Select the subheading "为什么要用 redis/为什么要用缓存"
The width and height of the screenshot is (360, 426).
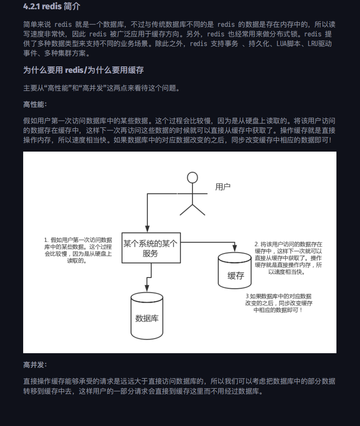tap(84, 70)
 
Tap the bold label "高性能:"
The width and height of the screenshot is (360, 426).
tap(35, 105)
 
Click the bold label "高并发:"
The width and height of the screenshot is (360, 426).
tap(35, 365)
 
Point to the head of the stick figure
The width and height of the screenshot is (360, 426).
tap(193, 177)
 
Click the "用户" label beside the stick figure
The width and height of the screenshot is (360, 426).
tap(223, 187)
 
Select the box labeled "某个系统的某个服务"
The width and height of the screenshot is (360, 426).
tap(151, 248)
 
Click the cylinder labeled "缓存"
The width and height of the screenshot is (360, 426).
tap(235, 270)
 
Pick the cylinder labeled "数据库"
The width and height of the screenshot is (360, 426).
tap(147, 316)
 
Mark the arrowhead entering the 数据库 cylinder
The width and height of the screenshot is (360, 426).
tap(147, 289)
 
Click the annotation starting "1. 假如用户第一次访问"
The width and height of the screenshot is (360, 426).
tap(78, 250)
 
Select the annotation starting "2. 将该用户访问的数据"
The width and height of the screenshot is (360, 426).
tap(288, 258)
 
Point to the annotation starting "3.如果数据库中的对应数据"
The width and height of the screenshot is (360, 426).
tap(278, 303)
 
